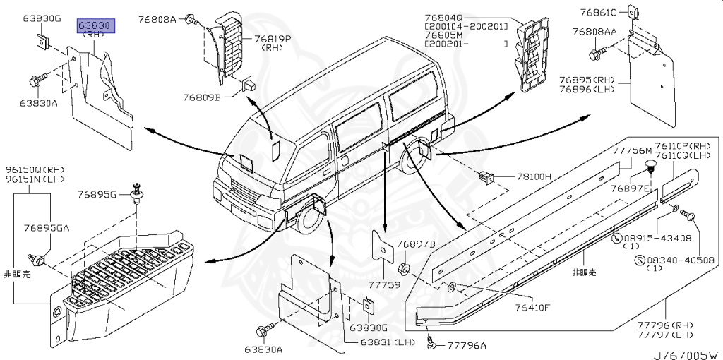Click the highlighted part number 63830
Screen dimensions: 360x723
pyautogui.click(x=96, y=25)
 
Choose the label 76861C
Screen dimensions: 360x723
pyautogui.click(x=599, y=12)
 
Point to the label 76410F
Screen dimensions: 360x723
pyautogui.click(x=532, y=307)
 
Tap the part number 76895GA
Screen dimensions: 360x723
pyautogui.click(x=46, y=227)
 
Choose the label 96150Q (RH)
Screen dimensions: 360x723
pyautogui.click(x=35, y=170)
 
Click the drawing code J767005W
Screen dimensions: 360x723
pyautogui.click(x=683, y=354)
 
